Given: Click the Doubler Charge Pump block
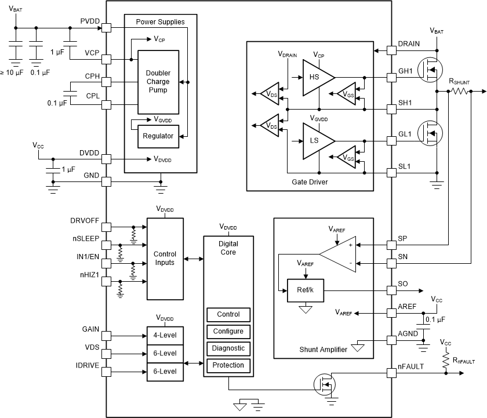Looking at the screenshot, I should pos(158,82).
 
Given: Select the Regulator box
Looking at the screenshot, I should pos(158,136).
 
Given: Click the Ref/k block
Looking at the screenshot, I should pos(306,290).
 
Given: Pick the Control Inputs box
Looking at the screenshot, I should pos(165,259).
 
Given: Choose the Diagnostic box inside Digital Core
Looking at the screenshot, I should pos(228,348).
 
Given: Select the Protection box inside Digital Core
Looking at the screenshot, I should pos(228,365).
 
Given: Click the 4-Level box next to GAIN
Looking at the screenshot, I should pos(165,336).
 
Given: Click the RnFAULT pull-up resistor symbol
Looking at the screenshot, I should pos(446,361).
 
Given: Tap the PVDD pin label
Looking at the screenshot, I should pos(90,21).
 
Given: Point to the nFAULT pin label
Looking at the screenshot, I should pos(410,366).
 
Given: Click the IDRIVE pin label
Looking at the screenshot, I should pos(87,365).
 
